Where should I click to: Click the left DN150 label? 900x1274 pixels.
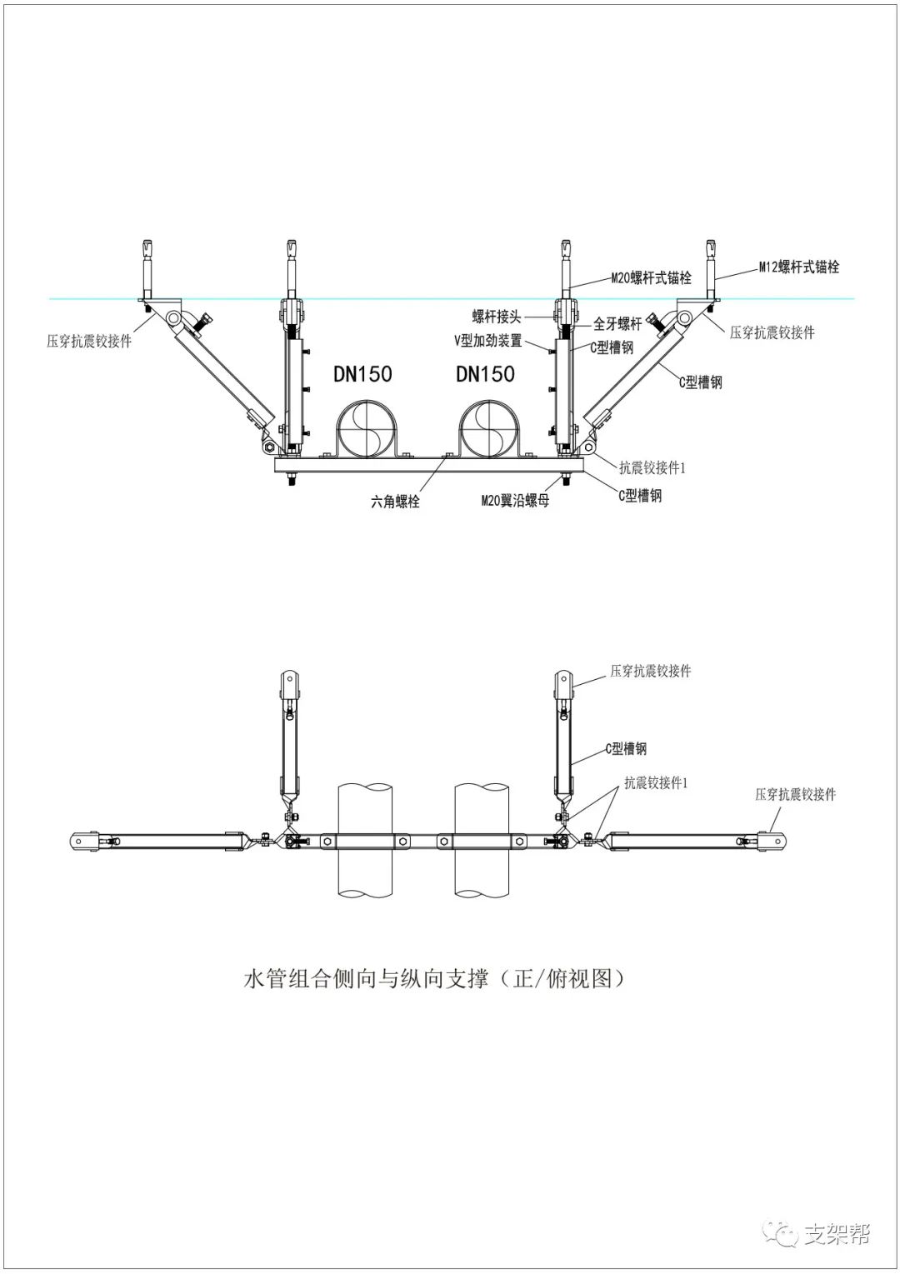[x=362, y=373]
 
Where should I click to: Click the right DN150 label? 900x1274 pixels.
[x=485, y=373]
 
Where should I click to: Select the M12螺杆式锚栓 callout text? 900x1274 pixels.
[x=798, y=267]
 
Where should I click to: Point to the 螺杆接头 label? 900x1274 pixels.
[x=497, y=317]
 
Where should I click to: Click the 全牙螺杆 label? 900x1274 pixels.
[x=617, y=324]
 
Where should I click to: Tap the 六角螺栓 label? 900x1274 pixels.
[x=395, y=502]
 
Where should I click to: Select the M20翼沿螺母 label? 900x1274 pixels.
[x=515, y=501]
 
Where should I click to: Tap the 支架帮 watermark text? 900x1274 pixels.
[x=837, y=1234]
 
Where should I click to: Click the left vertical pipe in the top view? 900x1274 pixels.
[x=365, y=842]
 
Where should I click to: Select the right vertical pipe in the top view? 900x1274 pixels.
[x=482, y=842]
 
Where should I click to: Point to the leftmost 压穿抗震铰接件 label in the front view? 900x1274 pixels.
[x=89, y=341]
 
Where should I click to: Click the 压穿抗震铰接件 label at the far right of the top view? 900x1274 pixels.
[x=795, y=794]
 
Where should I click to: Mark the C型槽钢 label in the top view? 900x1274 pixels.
[x=626, y=749]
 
